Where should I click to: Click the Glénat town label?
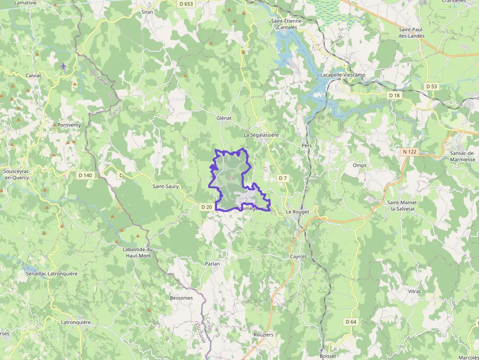[x=223, y=118]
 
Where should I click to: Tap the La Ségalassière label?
[x=261, y=134]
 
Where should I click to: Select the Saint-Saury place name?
[x=165, y=186]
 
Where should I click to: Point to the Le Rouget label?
[x=298, y=212]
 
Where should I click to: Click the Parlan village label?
[x=212, y=264]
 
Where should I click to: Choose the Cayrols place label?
[x=298, y=256]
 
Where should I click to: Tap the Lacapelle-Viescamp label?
[x=343, y=75]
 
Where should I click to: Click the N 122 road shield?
[x=410, y=152]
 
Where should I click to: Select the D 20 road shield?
[x=206, y=207]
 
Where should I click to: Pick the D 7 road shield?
[x=283, y=178]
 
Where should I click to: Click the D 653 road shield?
[x=186, y=4]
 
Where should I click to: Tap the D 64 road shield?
[x=350, y=321]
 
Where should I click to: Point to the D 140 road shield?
[x=85, y=175]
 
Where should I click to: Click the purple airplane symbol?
[x=64, y=65]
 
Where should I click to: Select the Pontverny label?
[x=69, y=125]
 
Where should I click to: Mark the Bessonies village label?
[x=181, y=297]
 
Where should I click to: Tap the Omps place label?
[x=359, y=165]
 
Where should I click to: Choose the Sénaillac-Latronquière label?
[x=52, y=274]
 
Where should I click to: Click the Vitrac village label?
[x=414, y=291]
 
